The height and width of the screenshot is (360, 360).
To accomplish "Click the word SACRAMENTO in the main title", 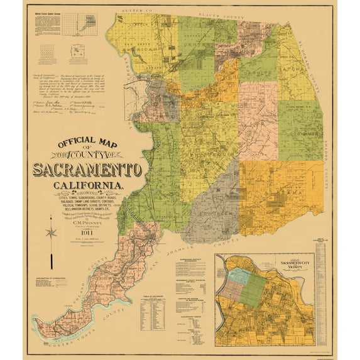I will [87, 170].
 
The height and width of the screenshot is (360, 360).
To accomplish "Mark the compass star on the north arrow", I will [51, 232].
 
